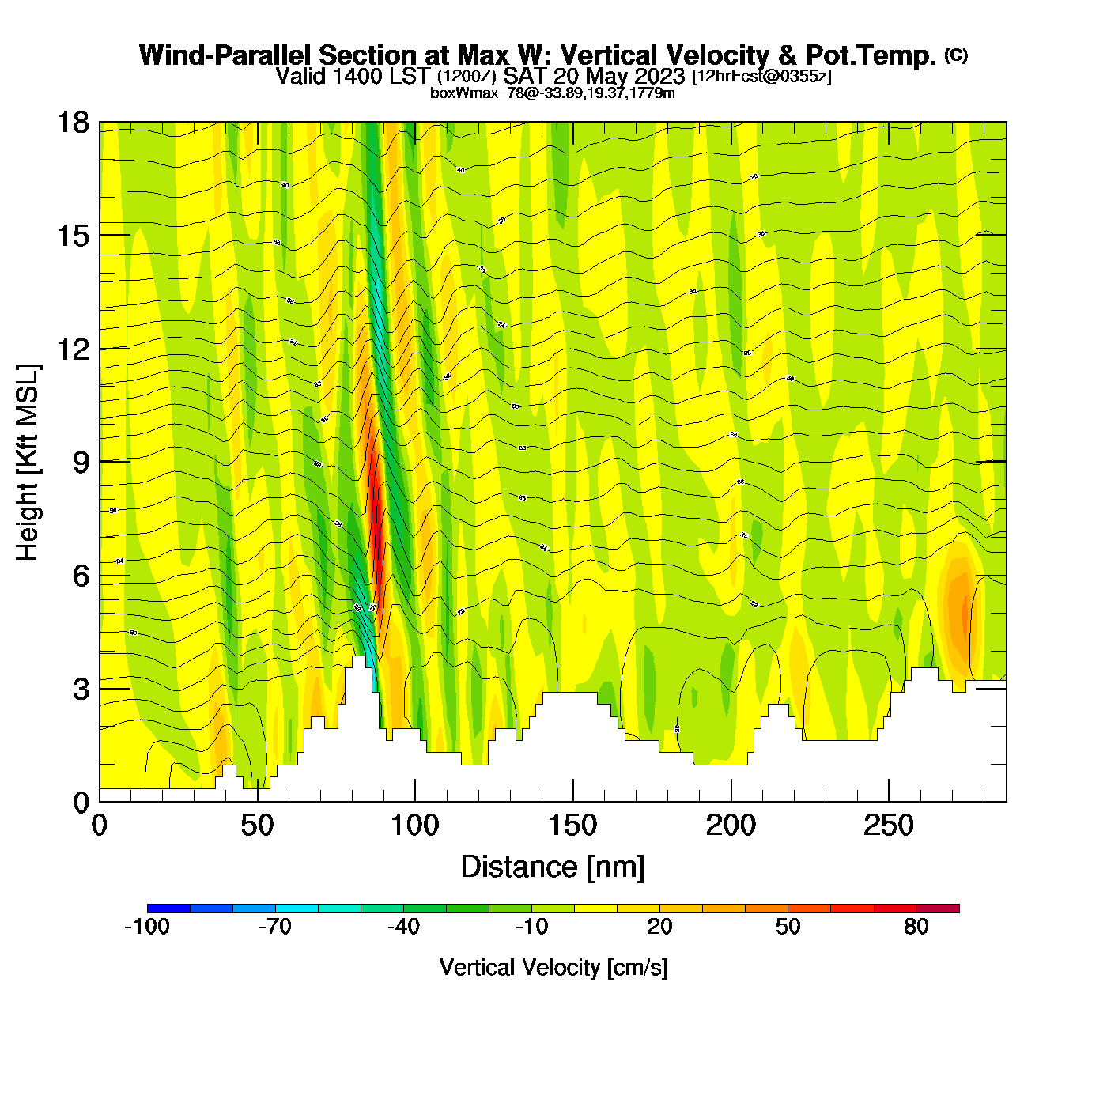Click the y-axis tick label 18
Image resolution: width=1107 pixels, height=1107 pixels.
pyautogui.click(x=72, y=123)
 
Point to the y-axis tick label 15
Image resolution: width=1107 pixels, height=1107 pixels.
pyautogui.click(x=72, y=236)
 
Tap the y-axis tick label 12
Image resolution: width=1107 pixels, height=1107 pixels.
pyautogui.click(x=72, y=349)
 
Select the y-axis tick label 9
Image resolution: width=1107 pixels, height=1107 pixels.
pyautogui.click(x=81, y=463)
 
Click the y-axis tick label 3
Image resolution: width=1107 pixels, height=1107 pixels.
pyautogui.click(x=81, y=689)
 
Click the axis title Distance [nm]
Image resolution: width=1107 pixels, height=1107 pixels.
pyautogui.click(x=553, y=867)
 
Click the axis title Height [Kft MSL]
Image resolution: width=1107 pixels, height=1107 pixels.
pyautogui.click(x=28, y=463)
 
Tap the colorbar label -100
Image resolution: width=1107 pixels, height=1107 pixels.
pyautogui.click(x=147, y=927)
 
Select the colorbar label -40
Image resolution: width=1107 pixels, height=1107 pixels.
pyautogui.click(x=403, y=927)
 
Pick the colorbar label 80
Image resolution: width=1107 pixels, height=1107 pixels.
pyautogui.click(x=916, y=927)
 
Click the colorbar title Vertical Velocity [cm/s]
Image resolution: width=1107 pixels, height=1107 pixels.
pyautogui.click(x=553, y=967)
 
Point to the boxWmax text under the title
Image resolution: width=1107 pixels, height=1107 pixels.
pyautogui.click(x=552, y=93)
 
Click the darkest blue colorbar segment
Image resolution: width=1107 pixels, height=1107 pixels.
pyautogui.click(x=168, y=909)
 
